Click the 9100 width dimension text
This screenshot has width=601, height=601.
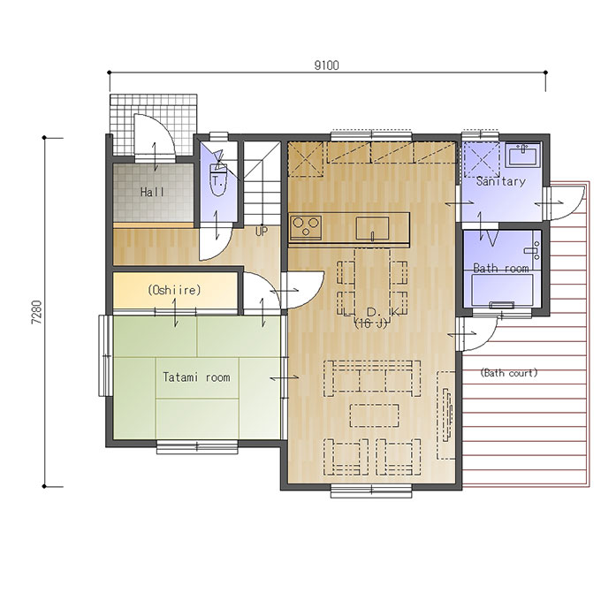tap(326, 65)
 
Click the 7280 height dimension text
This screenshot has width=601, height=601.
tap(36, 312)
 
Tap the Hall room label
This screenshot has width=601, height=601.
tap(153, 192)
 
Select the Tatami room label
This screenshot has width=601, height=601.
tap(196, 377)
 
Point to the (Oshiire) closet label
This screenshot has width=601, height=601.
tap(174, 290)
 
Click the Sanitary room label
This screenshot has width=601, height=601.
tap(500, 181)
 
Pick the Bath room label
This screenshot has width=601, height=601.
tap(501, 268)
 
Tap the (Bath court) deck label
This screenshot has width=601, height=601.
tap(509, 373)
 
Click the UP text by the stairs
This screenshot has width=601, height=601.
tap(262, 232)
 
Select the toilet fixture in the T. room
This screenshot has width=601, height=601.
tap(219, 179)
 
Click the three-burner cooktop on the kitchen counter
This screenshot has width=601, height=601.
tap(306, 228)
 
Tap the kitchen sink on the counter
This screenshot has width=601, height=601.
tap(372, 228)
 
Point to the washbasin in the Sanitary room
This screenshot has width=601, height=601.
tap(522, 155)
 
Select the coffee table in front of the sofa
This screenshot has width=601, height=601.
tap(374, 415)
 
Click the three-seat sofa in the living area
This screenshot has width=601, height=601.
tap(372, 378)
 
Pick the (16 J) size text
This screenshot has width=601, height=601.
tap(370, 323)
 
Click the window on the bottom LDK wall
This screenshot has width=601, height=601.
tap(371, 491)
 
